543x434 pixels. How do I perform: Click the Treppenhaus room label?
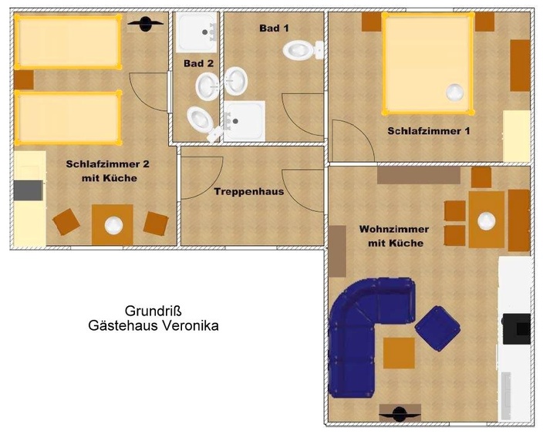coord(249,191)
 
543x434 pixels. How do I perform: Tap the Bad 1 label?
coord(274,28)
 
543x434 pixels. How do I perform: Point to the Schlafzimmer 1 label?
coord(429,131)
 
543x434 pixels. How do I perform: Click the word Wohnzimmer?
coord(394,230)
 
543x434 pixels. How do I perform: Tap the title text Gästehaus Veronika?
coord(153,325)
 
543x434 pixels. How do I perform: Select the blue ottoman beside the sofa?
coord(437,327)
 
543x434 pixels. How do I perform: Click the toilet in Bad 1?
coord(299,51)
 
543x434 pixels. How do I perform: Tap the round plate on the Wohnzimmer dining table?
coord(486,221)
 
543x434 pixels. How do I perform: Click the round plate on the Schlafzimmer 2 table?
coord(114,225)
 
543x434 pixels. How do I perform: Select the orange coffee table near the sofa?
coord(399,353)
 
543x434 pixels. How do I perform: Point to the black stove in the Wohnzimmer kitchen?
coord(515,328)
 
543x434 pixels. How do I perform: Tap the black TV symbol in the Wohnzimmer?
coord(399,413)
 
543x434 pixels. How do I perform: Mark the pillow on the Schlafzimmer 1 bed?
coord(455,92)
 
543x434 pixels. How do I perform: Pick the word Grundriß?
coord(153,311)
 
